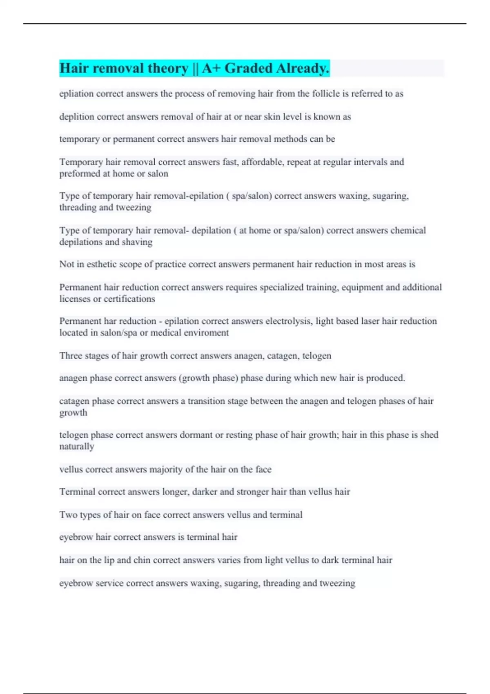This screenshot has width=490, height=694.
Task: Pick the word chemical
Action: pos(408,230)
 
